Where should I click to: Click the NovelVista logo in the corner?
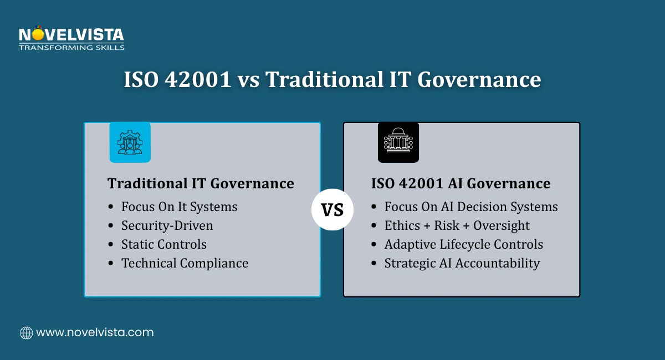pos(71,35)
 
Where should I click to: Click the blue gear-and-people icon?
pos(130,142)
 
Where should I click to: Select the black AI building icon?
pos(398,142)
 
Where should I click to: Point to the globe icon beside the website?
pos(26,333)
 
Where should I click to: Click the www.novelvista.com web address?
pos(95,333)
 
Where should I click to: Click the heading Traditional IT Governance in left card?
pos(201,183)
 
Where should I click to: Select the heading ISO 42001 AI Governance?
pos(461,183)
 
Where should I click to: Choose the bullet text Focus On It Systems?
pos(179,207)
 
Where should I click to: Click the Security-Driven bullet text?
pos(167,225)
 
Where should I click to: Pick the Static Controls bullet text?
pos(164,244)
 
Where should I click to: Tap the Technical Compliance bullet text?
pos(185,263)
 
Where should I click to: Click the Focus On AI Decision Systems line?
pos(470,207)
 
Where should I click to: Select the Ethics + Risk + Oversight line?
pos(457,225)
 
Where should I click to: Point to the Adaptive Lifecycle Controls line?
pos(463,244)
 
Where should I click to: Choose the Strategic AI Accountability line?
pos(462,263)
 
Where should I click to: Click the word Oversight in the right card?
pos(501,225)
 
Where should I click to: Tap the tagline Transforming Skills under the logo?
pos(71,48)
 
